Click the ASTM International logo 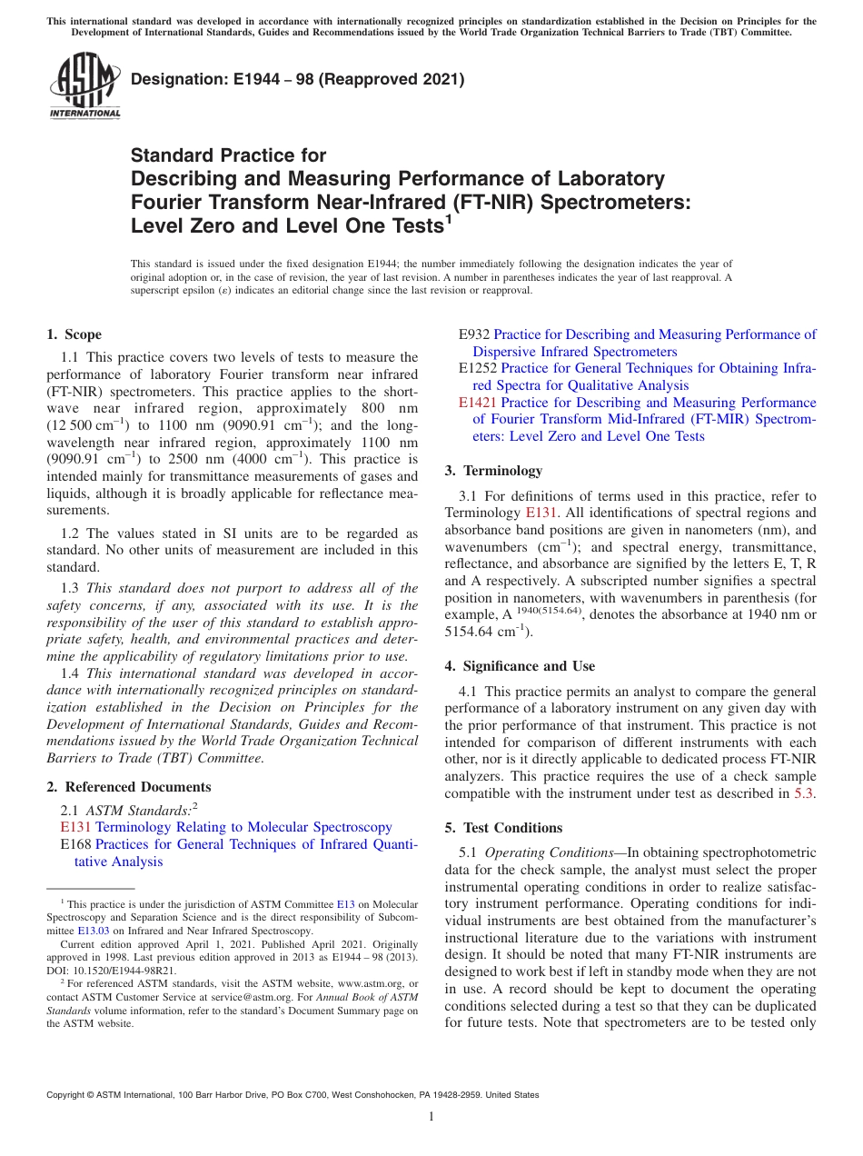(x=84, y=85)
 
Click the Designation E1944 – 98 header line (x=298, y=79)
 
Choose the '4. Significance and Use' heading (x=520, y=666)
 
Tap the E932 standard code (x=474, y=334)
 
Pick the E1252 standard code (x=478, y=368)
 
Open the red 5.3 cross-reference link (x=804, y=793)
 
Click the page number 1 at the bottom (x=431, y=1117)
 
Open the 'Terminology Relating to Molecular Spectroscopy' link (x=243, y=827)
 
